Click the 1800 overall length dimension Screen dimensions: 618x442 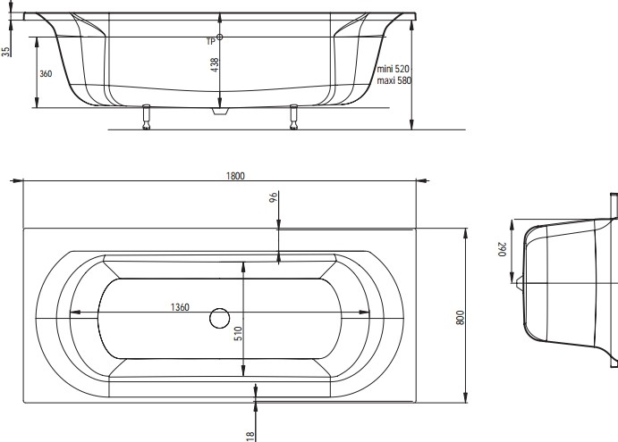[235, 176]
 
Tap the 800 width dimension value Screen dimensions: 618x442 [460, 318]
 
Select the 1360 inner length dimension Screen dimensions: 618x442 [180, 307]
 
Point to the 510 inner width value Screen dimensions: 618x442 [239, 333]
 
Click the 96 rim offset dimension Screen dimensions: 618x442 [274, 196]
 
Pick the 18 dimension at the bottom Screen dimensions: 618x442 [250, 436]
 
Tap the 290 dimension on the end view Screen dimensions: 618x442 [502, 249]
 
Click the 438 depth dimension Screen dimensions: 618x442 [215, 64]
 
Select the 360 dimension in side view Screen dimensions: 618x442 [46, 73]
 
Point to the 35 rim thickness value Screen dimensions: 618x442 [6, 52]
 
